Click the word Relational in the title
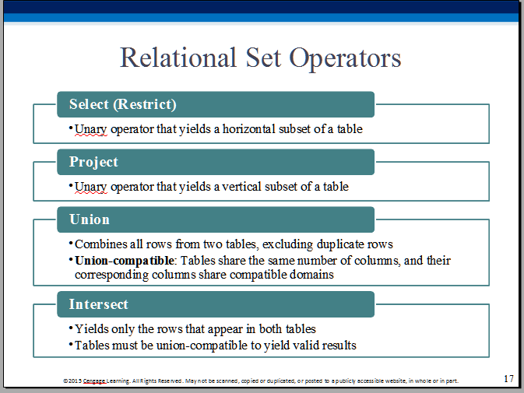coord(178,58)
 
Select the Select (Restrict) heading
coord(123,104)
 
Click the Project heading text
coord(93,162)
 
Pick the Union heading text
coord(90,219)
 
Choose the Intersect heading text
coord(99,304)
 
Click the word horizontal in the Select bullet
coord(249,129)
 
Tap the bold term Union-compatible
coord(125,261)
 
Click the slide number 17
coord(508,379)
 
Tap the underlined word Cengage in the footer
coord(94,381)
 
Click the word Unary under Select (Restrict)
coord(90,129)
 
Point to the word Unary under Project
coord(90,187)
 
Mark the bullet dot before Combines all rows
coord(71,243)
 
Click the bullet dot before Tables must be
coord(71,343)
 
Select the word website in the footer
coord(396,381)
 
